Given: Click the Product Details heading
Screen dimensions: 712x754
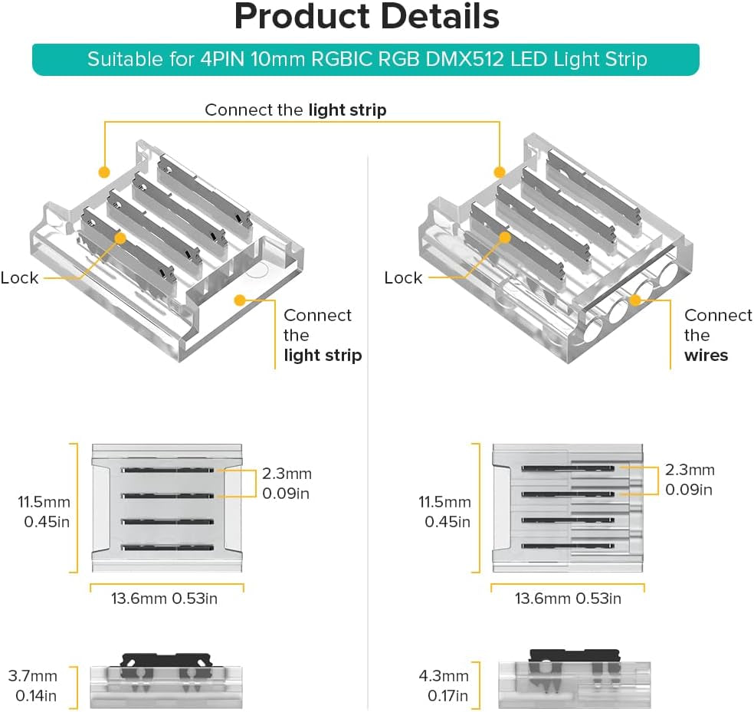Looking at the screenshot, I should pos(366,17).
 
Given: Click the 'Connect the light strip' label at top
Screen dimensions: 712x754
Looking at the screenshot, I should pos(295,110).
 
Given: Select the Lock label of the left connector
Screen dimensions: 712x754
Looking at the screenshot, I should pos(19,277).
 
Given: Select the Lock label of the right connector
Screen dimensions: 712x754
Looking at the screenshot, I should pos(403,277).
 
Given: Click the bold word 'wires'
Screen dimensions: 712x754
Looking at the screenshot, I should pos(706,355).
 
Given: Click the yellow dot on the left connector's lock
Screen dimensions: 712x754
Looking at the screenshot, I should pos(120,238).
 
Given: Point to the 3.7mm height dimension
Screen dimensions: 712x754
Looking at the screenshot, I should pos(33,676).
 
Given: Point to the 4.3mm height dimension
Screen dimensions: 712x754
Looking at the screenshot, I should pos(444,676).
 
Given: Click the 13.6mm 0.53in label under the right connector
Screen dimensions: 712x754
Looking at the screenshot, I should pos(568,598).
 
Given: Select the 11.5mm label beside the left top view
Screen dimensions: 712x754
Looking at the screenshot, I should pos(44,503).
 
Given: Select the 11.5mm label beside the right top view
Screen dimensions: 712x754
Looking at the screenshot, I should pos(444,503).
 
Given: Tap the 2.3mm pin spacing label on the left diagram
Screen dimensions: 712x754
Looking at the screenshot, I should pos(287,474).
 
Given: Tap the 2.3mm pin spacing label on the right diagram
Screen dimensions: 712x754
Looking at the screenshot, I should pos(689,470).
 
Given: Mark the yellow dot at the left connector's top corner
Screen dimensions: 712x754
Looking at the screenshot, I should pos(103,171).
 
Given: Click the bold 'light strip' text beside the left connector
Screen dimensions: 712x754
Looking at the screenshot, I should pos(323,355).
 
